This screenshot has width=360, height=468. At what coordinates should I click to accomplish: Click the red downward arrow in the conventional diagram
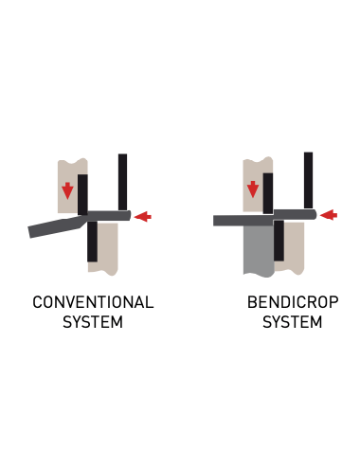click(67, 190)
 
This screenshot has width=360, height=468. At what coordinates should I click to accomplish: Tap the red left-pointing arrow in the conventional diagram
click(142, 217)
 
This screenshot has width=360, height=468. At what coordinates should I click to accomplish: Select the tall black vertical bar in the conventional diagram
click(122, 181)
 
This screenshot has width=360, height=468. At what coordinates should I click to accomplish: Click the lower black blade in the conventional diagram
click(92, 242)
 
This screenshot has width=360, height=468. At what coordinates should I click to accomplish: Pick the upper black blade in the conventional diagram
click(82, 194)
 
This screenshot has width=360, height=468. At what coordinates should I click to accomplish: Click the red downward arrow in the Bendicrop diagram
click(252, 189)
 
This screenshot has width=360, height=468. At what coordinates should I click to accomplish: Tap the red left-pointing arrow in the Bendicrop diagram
click(328, 215)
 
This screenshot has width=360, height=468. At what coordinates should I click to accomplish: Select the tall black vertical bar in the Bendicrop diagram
click(308, 179)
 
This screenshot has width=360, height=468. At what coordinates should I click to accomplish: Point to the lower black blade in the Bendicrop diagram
click(279, 241)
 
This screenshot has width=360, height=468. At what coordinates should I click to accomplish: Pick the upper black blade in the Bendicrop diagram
click(268, 193)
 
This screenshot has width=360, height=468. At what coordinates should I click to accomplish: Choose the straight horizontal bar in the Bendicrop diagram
click(243, 221)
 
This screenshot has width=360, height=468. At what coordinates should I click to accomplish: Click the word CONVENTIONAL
click(93, 303)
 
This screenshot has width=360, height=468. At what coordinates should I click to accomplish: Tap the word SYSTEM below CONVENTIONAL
click(93, 322)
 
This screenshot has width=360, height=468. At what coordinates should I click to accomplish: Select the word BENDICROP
click(293, 303)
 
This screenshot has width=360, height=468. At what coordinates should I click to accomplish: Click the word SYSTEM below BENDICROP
click(293, 322)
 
